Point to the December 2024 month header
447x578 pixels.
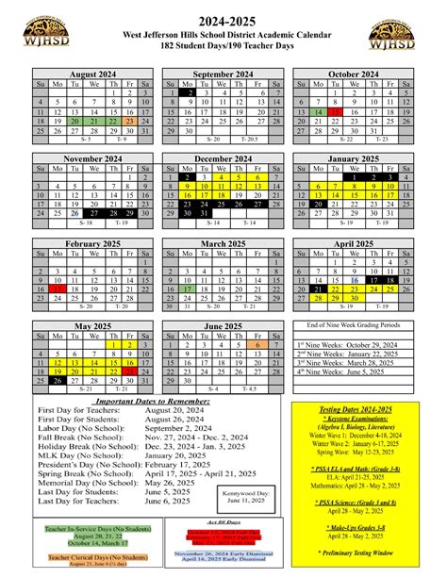point(223,159)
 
